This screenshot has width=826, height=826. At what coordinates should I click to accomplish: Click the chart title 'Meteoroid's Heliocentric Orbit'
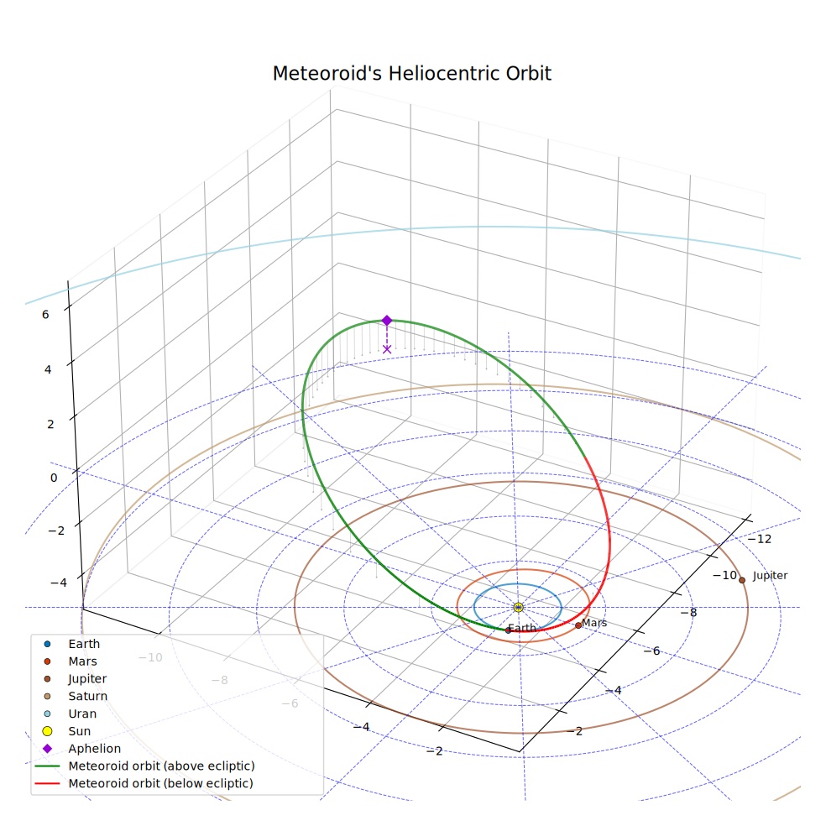tap(412, 74)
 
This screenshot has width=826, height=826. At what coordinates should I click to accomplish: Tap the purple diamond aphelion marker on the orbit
tap(387, 321)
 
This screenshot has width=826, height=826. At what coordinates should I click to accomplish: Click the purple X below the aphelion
tap(387, 348)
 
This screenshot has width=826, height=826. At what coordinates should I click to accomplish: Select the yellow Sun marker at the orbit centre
tap(519, 608)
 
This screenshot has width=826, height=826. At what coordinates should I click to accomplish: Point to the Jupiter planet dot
tap(742, 580)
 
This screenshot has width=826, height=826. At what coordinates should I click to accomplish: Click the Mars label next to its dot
tap(594, 623)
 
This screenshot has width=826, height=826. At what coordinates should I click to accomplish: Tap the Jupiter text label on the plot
tap(770, 575)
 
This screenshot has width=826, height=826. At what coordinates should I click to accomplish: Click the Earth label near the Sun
tap(522, 628)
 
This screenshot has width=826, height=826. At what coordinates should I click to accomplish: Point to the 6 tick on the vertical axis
tap(45, 315)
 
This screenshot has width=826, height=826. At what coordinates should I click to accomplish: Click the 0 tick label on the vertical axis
tap(54, 478)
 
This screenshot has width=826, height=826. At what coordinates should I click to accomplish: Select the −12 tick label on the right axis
tap(759, 538)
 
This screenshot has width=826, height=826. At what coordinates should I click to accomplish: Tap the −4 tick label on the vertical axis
tap(59, 583)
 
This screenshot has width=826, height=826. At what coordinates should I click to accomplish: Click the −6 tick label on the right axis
tap(651, 651)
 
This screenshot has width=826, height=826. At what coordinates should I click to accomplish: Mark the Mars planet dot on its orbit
tap(578, 625)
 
